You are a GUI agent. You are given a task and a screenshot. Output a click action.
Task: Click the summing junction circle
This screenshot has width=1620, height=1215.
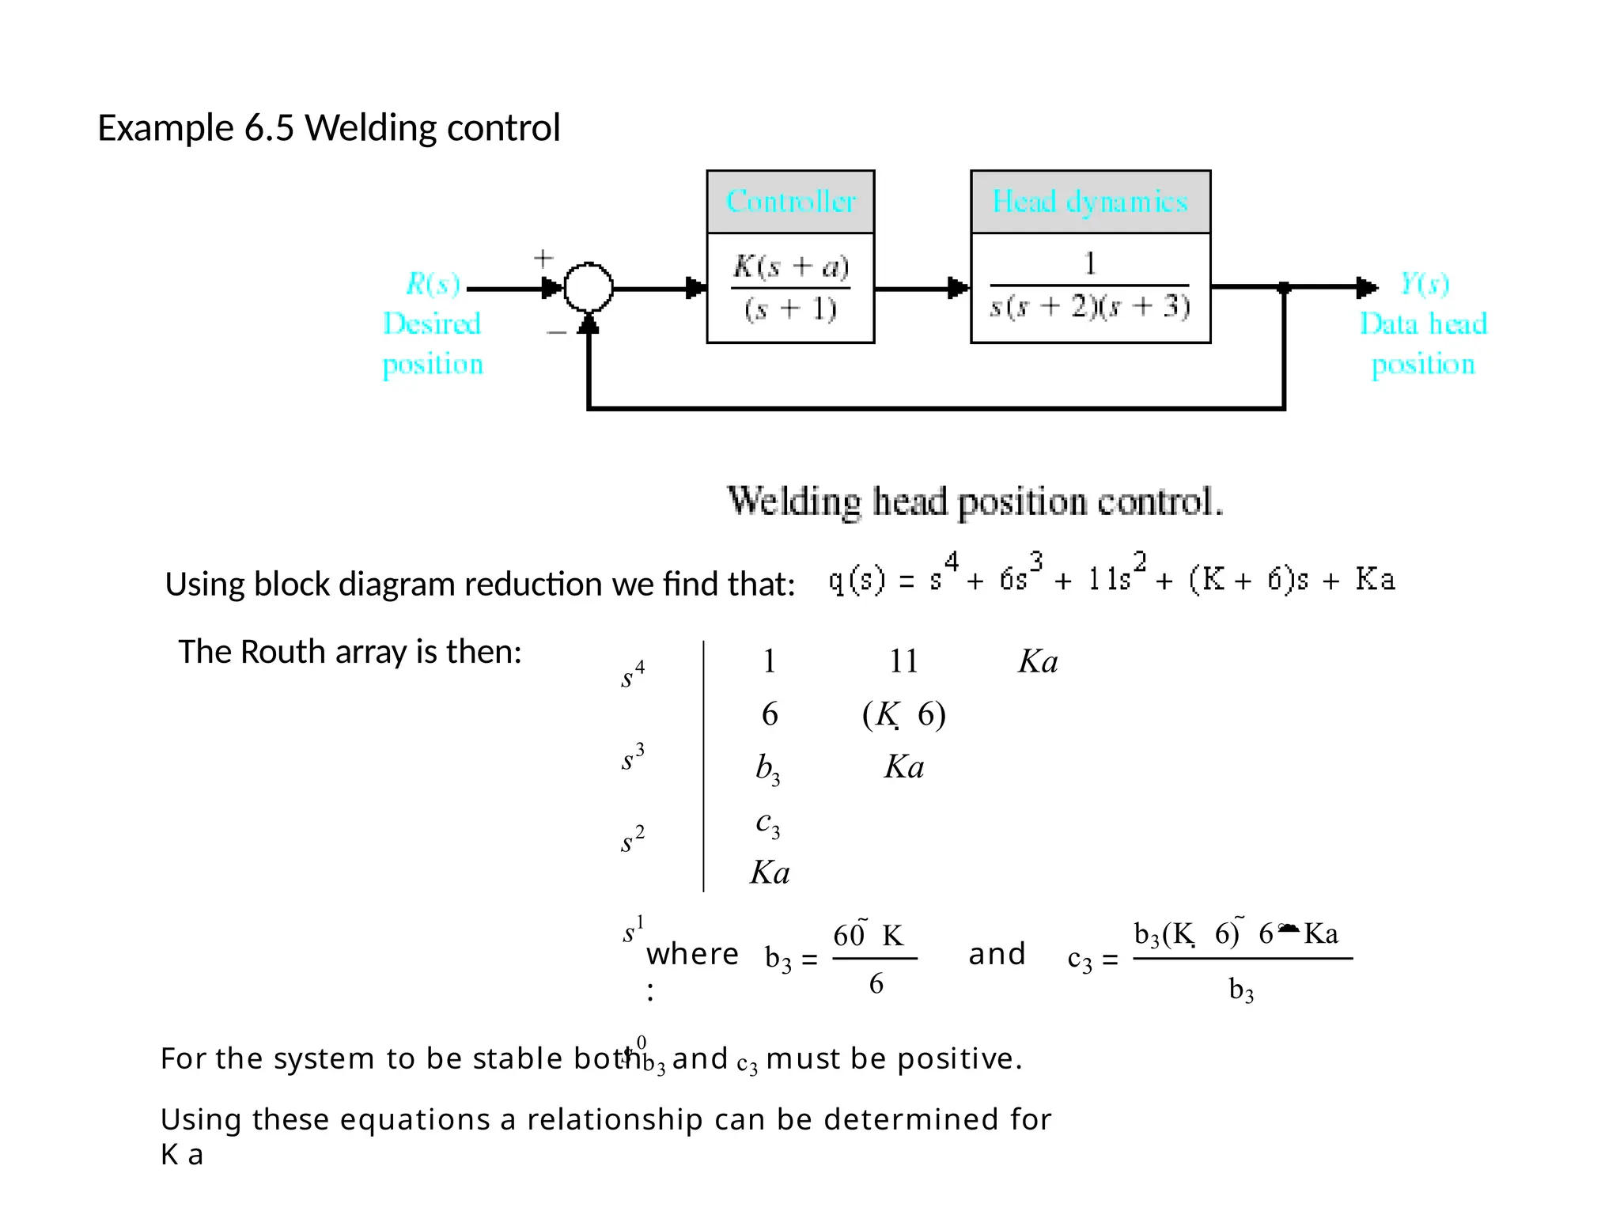pos(588,288)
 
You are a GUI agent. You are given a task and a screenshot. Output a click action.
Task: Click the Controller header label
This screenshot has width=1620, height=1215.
pos(790,202)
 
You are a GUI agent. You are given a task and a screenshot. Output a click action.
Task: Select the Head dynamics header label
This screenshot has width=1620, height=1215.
pos(1090,202)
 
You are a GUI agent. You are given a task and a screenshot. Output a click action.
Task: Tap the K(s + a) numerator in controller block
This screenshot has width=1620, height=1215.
pos(790,267)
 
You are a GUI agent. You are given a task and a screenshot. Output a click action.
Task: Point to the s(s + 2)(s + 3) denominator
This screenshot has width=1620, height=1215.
pos(1090,307)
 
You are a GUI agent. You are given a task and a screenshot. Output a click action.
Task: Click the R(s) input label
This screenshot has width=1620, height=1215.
pos(433,283)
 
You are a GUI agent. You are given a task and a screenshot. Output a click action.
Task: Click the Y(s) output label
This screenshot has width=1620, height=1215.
pos(1425,283)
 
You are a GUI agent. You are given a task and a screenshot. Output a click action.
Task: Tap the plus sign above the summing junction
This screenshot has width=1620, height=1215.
pos(543,258)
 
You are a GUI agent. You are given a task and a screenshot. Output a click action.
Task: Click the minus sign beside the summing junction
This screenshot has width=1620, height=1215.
pos(556,332)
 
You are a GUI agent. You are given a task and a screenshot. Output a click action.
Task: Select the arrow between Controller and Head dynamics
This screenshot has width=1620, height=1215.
pos(922,288)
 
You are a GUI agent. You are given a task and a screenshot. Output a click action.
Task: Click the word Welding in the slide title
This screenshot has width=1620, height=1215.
pos(364,128)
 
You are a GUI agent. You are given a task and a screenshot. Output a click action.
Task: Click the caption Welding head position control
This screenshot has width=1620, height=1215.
pos(975,502)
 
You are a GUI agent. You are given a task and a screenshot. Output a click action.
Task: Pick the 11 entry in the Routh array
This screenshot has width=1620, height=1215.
pos(903,661)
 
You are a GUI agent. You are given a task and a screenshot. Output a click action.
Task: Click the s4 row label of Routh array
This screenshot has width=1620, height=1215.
pos(632,675)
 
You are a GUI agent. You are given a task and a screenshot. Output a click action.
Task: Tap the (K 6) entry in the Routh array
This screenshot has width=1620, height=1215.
pos(903,714)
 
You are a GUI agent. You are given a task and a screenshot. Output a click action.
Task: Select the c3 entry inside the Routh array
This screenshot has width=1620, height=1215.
pos(767,823)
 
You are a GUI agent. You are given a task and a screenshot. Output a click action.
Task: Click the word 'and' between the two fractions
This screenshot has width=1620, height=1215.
pos(997,954)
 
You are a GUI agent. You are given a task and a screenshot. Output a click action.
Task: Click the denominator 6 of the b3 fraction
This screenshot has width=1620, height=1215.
pos(876,984)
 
